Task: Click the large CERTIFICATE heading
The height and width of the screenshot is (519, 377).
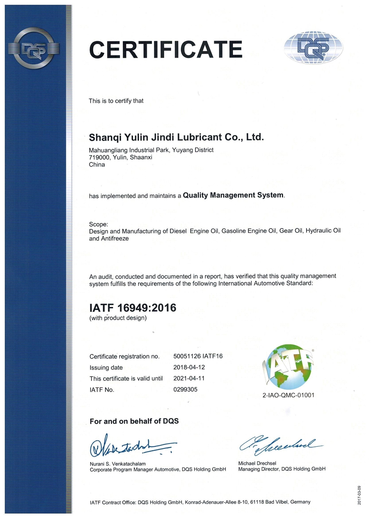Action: point(166,50)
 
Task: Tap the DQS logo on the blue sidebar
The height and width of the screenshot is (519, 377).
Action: point(34,48)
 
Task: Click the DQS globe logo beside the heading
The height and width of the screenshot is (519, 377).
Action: point(313,48)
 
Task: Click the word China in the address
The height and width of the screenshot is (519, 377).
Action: point(97,165)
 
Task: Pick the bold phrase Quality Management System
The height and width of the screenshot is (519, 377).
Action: point(233,195)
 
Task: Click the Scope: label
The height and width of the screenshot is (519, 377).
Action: point(98,224)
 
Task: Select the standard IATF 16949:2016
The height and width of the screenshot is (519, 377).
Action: point(133,308)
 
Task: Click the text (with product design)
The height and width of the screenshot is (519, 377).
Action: point(118,318)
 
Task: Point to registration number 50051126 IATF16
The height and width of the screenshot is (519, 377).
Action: point(198,356)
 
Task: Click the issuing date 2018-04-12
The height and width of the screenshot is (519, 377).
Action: point(189,367)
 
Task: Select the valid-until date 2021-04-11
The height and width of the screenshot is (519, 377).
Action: point(189,378)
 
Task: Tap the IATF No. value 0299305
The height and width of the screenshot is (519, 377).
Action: point(185,389)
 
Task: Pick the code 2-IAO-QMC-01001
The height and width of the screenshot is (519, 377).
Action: point(288,395)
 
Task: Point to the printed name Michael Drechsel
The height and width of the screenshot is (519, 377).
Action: point(257,463)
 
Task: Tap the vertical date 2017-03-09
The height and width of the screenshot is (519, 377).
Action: point(359,495)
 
